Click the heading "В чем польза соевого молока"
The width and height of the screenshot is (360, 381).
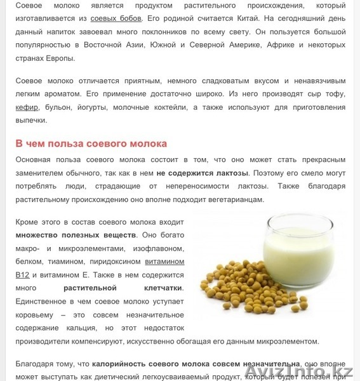91,143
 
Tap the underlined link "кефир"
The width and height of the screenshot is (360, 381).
27,106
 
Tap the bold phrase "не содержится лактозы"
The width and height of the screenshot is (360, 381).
203,173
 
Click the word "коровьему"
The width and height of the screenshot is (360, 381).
35,315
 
